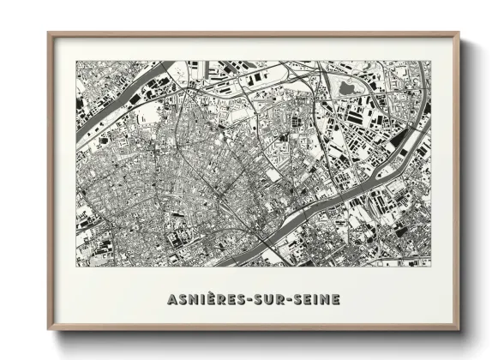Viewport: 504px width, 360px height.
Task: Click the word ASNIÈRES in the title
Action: point(205,299)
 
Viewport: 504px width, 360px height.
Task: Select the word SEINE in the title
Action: point(316,299)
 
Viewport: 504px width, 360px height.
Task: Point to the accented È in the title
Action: point(213,298)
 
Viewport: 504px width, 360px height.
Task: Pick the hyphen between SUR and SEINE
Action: point(289,300)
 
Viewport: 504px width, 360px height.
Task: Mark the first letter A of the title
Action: point(167,299)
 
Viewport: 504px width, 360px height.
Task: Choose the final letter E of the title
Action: point(336,299)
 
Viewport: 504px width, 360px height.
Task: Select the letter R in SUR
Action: point(279,299)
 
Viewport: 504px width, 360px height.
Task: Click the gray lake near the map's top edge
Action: point(347,87)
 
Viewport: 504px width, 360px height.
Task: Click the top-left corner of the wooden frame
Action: point(50,34)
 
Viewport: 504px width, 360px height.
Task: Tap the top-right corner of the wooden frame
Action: point(458,34)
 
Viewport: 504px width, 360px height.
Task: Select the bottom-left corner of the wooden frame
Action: point(50,329)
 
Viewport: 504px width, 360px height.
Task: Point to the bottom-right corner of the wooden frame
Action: point(458,329)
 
